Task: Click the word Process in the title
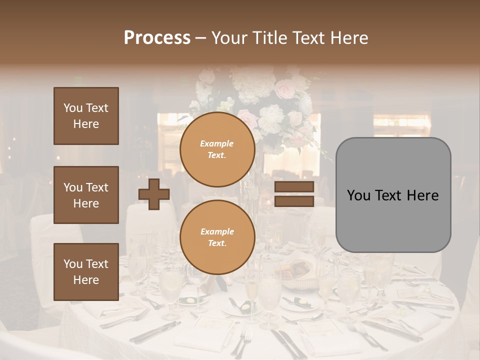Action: coord(157,37)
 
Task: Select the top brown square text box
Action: coord(86,116)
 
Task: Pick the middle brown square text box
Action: coord(86,195)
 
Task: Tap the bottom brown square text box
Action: coord(86,271)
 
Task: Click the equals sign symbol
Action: coord(294,194)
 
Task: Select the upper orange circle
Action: coord(217,149)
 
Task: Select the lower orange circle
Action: coord(217,237)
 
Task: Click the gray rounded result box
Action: coord(393,195)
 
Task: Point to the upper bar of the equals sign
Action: coord(294,187)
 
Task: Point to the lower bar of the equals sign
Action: coord(294,201)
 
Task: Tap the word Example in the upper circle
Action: coord(217,143)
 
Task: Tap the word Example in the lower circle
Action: coord(217,231)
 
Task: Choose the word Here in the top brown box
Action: coord(86,124)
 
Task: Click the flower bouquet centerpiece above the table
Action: coord(260,100)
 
